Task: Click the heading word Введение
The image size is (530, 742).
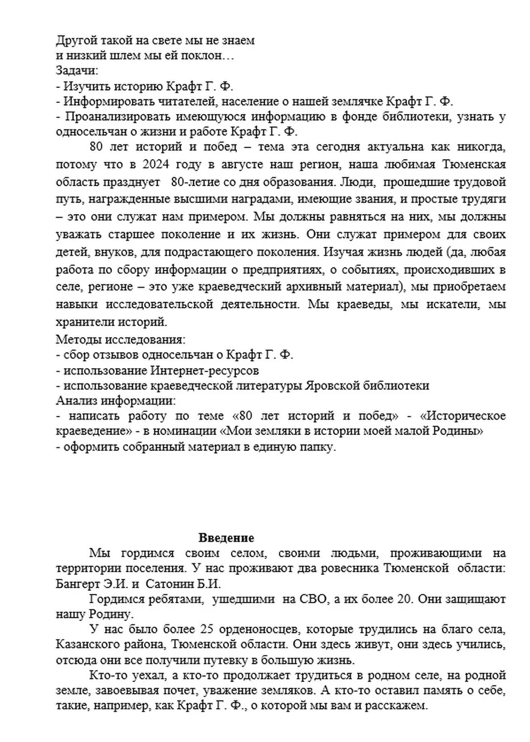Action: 226,538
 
